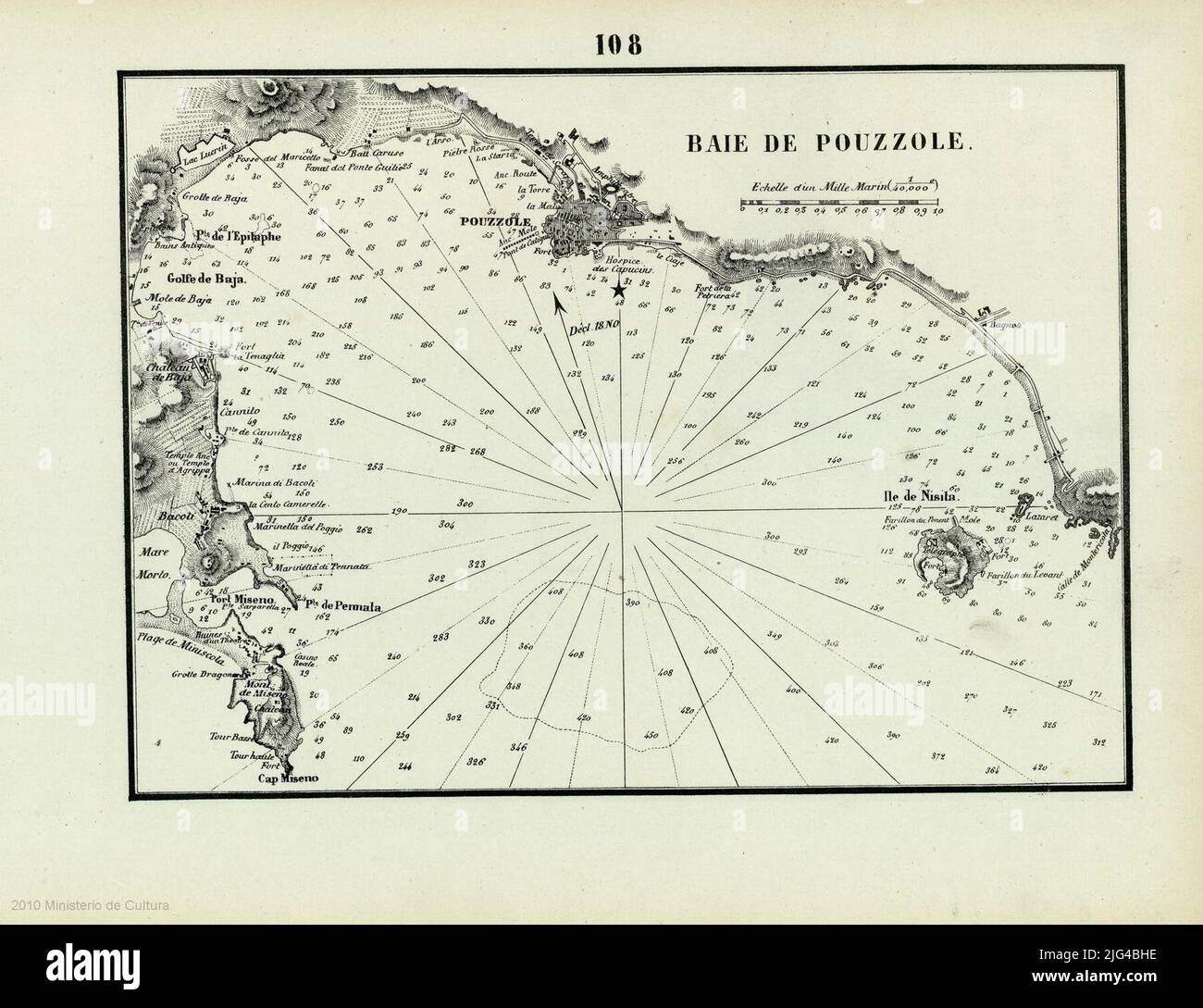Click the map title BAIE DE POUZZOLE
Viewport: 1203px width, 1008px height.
tap(827, 143)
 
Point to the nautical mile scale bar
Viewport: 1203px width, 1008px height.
tap(839, 201)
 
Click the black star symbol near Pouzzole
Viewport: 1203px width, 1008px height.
tap(618, 291)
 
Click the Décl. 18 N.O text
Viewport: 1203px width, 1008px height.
tap(592, 327)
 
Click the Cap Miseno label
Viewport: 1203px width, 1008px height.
tap(286, 779)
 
